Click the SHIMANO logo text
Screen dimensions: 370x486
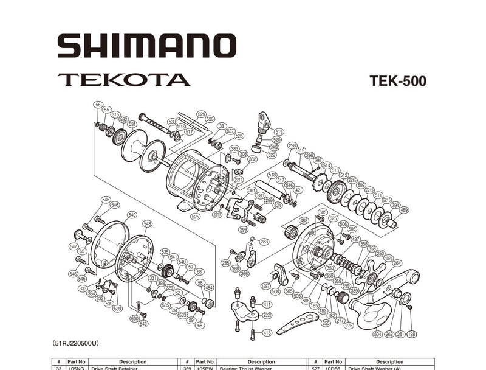point(146,46)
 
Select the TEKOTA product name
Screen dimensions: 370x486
point(124,80)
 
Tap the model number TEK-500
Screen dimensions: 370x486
point(397,82)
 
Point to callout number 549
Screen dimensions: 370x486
point(132,215)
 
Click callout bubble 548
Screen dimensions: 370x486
point(147,224)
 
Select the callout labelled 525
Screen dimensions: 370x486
point(195,217)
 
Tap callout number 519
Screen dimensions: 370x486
point(279,131)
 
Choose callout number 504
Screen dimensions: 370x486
point(377,334)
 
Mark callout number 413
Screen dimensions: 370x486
point(267,333)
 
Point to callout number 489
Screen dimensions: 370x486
point(404,210)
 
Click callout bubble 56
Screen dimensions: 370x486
point(98,105)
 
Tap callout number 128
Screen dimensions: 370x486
point(412,334)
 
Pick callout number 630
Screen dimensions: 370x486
point(134,318)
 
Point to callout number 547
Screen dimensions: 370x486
point(74,246)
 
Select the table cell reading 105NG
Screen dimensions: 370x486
point(77,368)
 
